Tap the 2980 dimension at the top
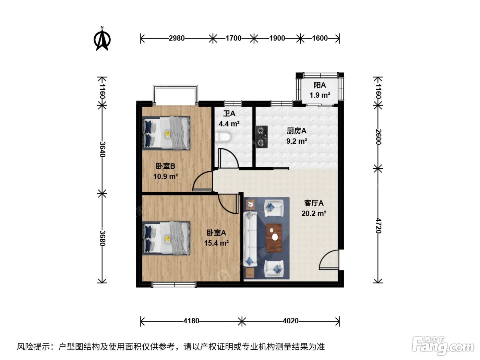click(x=177, y=38)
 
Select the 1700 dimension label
click(x=233, y=38)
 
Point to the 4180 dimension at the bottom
click(x=191, y=321)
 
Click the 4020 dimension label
click(x=290, y=321)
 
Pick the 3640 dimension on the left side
click(x=102, y=149)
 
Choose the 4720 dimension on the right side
click(x=378, y=226)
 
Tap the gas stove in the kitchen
click(x=262, y=137)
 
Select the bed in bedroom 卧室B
click(x=166, y=133)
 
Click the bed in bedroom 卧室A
click(x=166, y=238)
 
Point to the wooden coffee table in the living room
click(x=274, y=238)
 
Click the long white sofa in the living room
click(x=250, y=239)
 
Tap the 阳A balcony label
click(x=320, y=85)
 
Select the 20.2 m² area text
click(x=314, y=213)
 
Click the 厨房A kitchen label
click(x=297, y=131)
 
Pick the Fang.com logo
click(x=443, y=346)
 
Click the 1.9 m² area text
click(x=320, y=95)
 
